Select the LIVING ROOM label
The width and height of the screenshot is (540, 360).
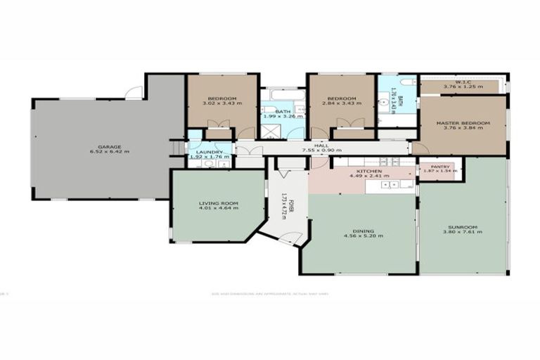(x=218, y=202)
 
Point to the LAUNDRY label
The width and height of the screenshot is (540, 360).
(x=210, y=151)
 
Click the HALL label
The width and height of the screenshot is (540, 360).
(x=321, y=144)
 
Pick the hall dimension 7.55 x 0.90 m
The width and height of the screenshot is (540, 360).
(x=321, y=150)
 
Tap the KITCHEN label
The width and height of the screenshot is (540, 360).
(x=368, y=172)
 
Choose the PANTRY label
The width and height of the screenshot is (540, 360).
(x=440, y=167)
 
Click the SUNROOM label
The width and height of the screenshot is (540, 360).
(x=463, y=226)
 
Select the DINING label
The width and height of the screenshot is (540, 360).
(x=363, y=230)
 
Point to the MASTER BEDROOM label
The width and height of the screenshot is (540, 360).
(x=463, y=123)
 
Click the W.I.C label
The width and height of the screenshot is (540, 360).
(x=462, y=82)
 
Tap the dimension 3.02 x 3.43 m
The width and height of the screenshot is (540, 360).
(x=222, y=103)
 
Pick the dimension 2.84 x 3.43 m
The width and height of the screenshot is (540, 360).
(x=342, y=103)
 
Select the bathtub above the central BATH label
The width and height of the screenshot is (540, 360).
(x=283, y=94)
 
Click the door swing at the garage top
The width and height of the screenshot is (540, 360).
(x=134, y=92)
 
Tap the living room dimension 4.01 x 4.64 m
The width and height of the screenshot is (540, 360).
(x=218, y=208)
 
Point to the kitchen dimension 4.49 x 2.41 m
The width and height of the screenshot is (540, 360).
(x=368, y=177)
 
